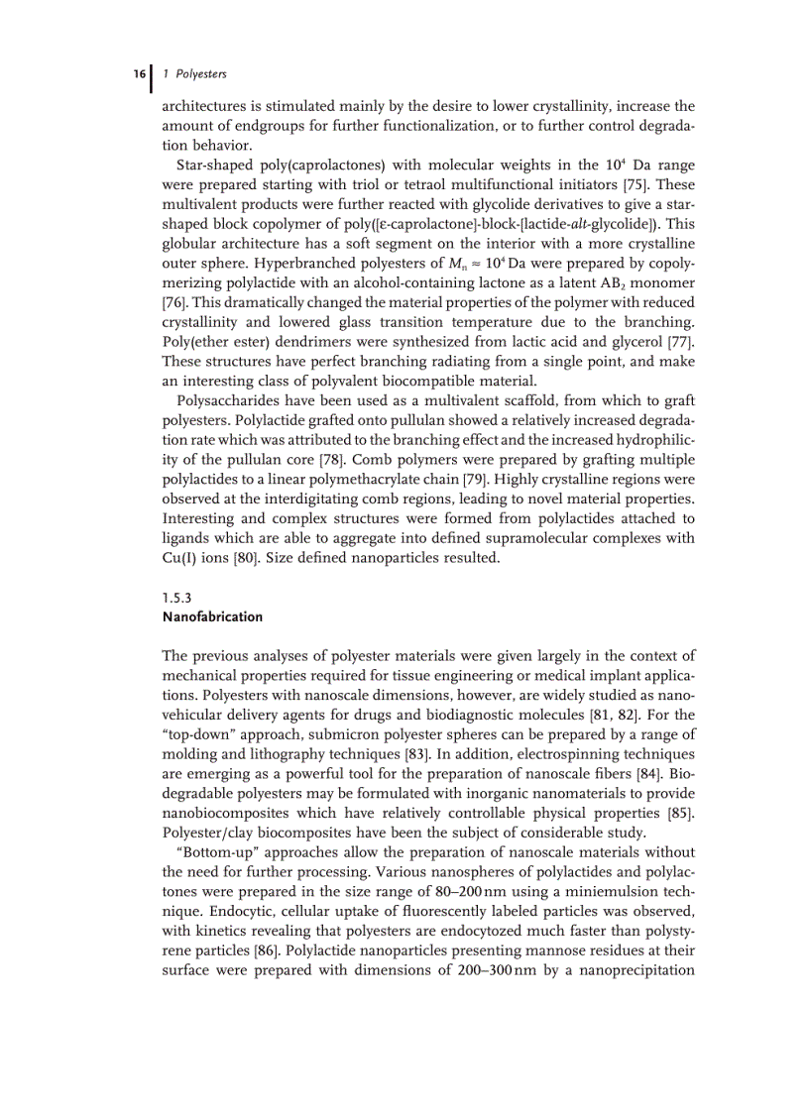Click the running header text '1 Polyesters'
tap(195, 74)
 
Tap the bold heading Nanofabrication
tap(212, 616)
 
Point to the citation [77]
tap(675, 342)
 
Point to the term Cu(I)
tap(180, 558)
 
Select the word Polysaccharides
tap(225, 400)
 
